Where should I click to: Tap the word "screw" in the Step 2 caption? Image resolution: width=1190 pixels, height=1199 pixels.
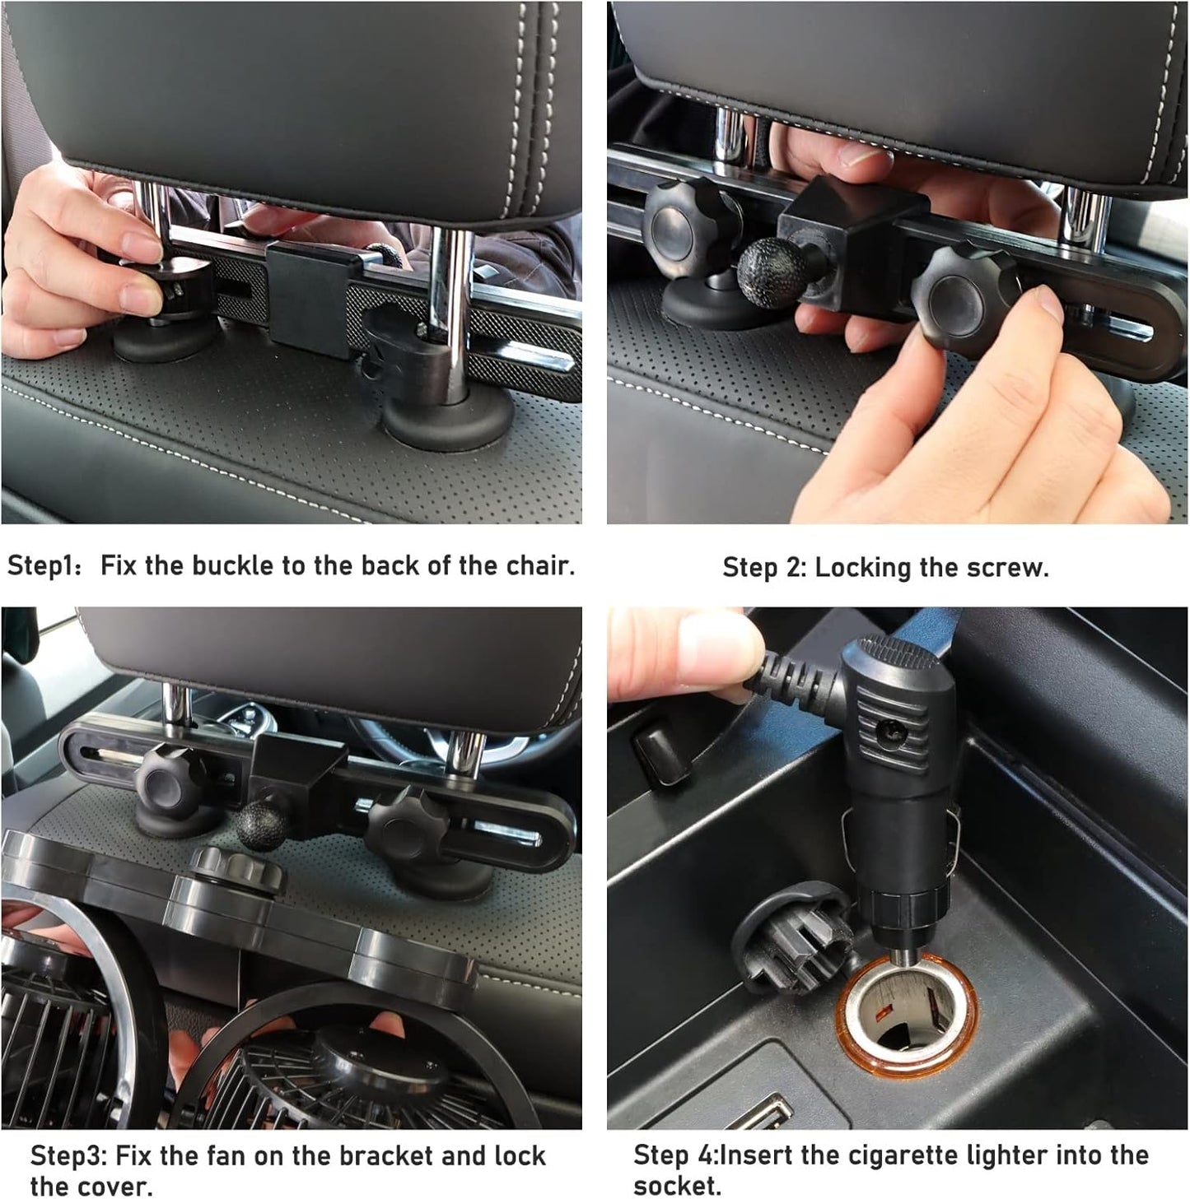click(1007, 568)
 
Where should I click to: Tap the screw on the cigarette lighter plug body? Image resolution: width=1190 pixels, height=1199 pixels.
click(890, 729)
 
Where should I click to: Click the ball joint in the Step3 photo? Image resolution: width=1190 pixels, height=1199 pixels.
click(260, 825)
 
